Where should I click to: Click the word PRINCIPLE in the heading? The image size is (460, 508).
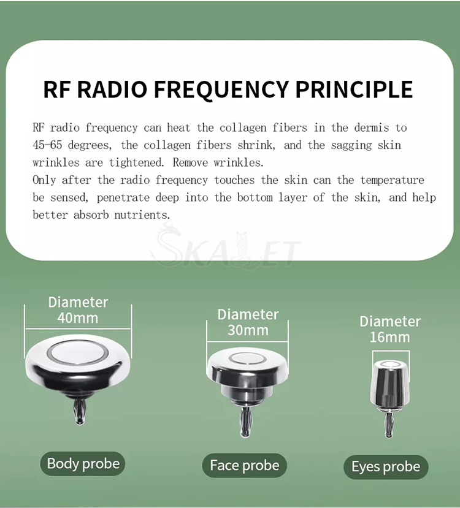coord(354,89)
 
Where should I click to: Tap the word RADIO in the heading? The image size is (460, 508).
coord(112,89)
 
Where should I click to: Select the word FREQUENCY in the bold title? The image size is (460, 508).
coord(221,90)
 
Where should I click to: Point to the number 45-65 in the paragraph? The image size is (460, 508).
coord(47,145)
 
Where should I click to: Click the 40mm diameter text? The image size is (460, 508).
coord(78,318)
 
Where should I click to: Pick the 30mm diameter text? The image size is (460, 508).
coord(248,330)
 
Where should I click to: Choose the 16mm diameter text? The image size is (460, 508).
coord(389,337)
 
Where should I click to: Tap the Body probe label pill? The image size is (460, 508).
coord(83,464)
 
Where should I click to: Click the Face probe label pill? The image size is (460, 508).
coord(245,466)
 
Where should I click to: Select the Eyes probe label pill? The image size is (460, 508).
coord(386,467)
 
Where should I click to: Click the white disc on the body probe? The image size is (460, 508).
coord(77,351)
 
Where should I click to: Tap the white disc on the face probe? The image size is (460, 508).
coord(248,358)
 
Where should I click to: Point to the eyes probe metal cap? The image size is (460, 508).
coord(389,385)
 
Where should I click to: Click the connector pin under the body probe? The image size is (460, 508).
coord(79,411)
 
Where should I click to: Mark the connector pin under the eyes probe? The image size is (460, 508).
coord(388,425)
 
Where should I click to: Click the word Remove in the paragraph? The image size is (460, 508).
coord(190,162)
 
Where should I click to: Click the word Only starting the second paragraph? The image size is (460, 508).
coord(44,180)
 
